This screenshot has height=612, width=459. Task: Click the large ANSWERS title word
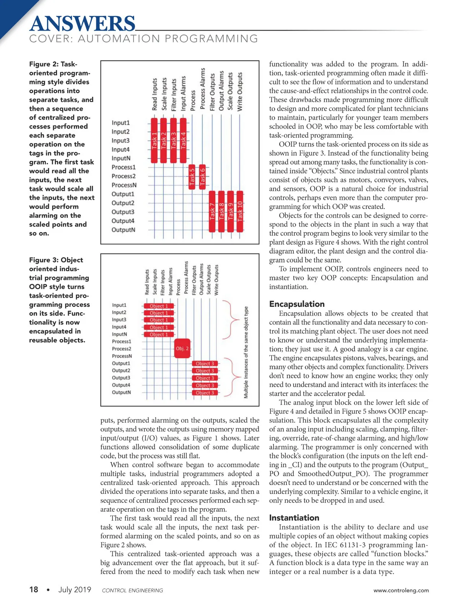[82, 24]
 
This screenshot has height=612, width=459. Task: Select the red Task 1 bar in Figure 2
[154, 140]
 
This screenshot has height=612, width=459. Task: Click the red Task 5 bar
[192, 176]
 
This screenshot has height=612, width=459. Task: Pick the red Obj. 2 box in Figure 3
[182, 348]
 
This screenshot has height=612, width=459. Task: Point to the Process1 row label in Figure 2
[124, 167]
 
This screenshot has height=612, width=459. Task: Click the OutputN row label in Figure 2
[123, 230]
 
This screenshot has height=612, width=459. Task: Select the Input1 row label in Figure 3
[119, 305]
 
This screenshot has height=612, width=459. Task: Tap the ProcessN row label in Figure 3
[122, 356]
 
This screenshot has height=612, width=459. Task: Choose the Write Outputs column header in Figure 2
[240, 92]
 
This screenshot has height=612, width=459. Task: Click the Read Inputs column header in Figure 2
[155, 94]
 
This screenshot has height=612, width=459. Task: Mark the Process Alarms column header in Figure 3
[186, 278]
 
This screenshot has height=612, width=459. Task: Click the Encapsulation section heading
[297, 304]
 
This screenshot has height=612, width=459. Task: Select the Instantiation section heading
[294, 518]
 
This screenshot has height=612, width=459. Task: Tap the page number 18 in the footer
[34, 590]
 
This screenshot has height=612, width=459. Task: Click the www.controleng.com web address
[401, 591]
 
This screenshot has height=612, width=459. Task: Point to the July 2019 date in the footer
[75, 590]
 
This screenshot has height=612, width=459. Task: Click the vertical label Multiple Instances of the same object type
[246, 352]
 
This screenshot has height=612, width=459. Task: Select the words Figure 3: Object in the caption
[56, 260]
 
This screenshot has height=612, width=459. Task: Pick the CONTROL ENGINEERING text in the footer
[132, 591]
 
